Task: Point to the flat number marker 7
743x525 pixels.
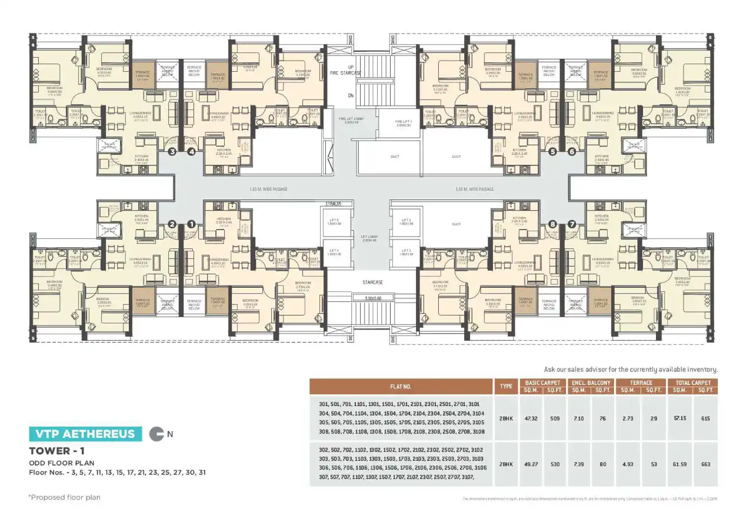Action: pyautogui.click(x=571, y=224)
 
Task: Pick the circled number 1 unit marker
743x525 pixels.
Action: pyautogui.click(x=191, y=224)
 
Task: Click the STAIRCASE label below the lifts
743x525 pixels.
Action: pyautogui.click(x=372, y=283)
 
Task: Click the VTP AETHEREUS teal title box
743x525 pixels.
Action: pyautogui.click(x=85, y=434)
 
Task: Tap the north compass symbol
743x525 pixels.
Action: pyautogui.click(x=156, y=434)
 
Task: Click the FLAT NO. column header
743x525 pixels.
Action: pyautogui.click(x=400, y=387)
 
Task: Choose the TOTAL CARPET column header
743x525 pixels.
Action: pyautogui.click(x=692, y=383)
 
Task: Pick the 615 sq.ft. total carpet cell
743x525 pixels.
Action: pyautogui.click(x=705, y=418)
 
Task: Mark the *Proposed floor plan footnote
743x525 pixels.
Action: pyautogui.click(x=65, y=497)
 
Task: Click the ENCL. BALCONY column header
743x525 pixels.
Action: pyautogui.click(x=590, y=383)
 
